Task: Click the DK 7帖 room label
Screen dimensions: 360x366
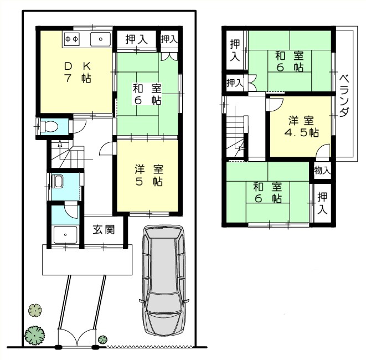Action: pyautogui.click(x=78, y=71)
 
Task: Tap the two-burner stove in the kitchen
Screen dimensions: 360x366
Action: pyautogui.click(x=73, y=39)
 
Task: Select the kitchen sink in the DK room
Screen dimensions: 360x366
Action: pyautogui.click(x=101, y=39)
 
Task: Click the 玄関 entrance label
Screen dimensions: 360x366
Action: pyautogui.click(x=104, y=229)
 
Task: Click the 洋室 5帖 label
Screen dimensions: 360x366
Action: pyautogui.click(x=148, y=175)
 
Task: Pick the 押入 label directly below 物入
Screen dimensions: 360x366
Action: pyautogui.click(x=322, y=202)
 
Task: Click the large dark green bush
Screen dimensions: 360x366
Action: pyautogui.click(x=34, y=335)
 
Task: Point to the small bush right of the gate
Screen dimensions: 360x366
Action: pyautogui.click(x=102, y=338)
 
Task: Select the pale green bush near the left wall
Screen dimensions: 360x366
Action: pyautogui.click(x=35, y=310)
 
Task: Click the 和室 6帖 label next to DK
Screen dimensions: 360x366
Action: pyautogui.click(x=147, y=94)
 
